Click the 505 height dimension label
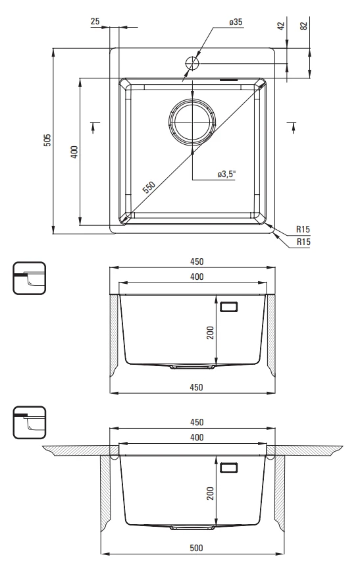pyautogui.click(x=47, y=140)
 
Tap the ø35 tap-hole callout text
pyautogui.click(x=236, y=22)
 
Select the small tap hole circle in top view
pyautogui.click(x=192, y=63)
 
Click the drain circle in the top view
pyautogui.click(x=192, y=122)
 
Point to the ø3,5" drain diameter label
pyautogui.click(x=227, y=174)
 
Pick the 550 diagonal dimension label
pyautogui.click(x=149, y=187)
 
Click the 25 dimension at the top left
pyautogui.click(x=95, y=22)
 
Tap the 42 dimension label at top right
pyautogui.click(x=281, y=26)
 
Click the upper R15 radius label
pyautogui.click(x=303, y=229)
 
